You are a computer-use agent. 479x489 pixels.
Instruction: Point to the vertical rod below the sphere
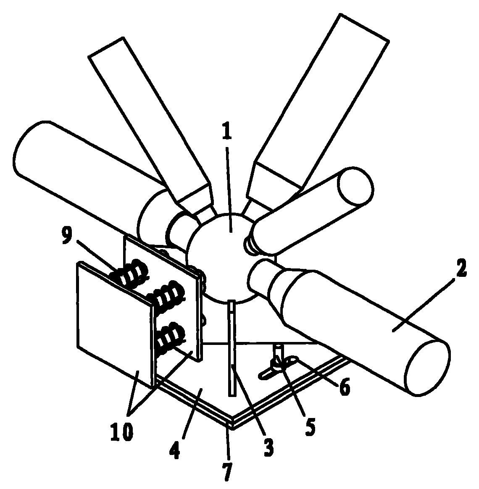pyautogui.click(x=232, y=349)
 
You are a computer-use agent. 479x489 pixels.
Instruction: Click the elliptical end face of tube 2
pyautogui.click(x=428, y=367)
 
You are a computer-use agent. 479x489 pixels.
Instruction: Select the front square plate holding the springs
pyautogui.click(x=113, y=323)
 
